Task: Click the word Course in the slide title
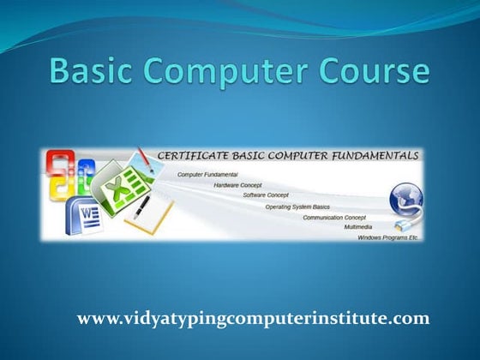point(375,71)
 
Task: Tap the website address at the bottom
point(253,318)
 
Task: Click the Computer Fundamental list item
point(207,175)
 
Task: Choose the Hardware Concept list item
point(238,184)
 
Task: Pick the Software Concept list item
point(266,195)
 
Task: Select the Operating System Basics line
point(297,207)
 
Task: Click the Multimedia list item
point(358,227)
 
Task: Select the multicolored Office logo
point(63,176)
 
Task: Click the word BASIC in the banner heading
point(244,157)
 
